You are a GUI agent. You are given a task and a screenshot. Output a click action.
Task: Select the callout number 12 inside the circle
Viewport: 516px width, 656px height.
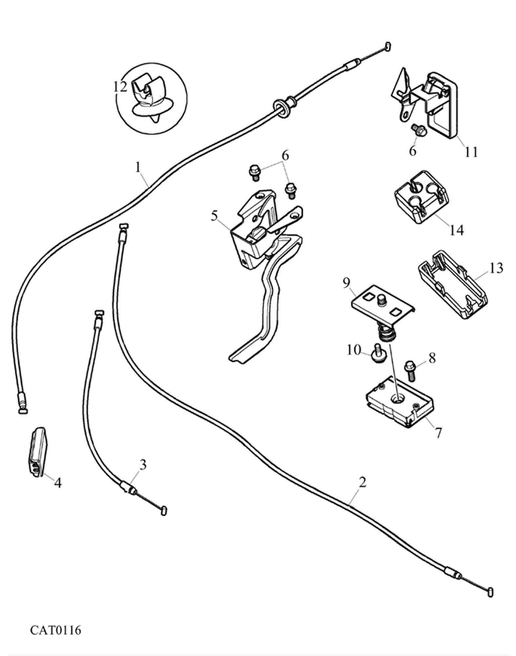tap(120, 87)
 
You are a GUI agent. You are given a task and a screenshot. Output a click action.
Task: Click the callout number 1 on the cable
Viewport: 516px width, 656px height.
tap(138, 167)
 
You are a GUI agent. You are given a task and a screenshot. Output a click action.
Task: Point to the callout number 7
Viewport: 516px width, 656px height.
tap(438, 433)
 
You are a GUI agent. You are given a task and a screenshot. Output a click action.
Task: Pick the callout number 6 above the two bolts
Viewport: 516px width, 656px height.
tap(285, 155)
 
